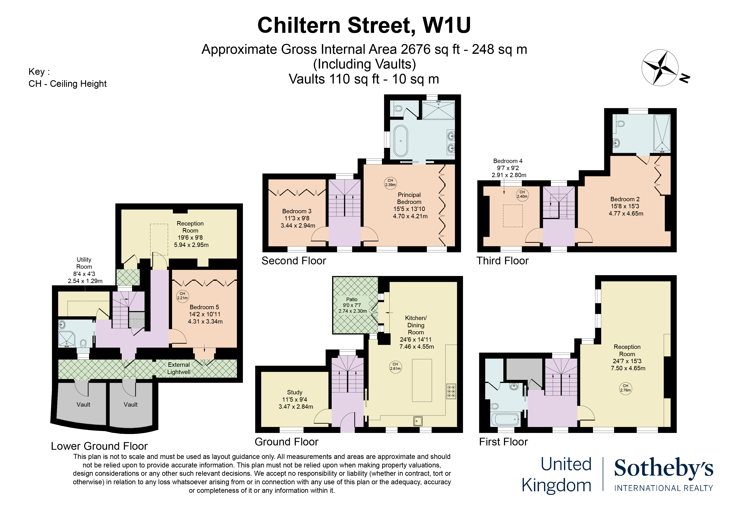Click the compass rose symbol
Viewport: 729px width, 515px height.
click(x=660, y=67)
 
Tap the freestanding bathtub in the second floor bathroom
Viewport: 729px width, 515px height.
click(x=401, y=141)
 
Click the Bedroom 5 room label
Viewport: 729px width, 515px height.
click(x=204, y=314)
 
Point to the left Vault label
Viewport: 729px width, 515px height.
click(x=83, y=405)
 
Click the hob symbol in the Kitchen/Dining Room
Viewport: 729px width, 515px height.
click(x=451, y=391)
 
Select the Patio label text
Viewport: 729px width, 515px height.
click(x=352, y=299)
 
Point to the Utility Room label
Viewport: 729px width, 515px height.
click(x=84, y=270)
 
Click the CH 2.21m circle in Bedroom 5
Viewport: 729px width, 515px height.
click(x=182, y=296)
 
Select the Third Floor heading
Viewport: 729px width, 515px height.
click(x=502, y=261)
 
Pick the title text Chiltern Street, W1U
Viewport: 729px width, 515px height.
click(x=364, y=25)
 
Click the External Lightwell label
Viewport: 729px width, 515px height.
click(x=179, y=368)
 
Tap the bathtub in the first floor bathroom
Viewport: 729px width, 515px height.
click(x=505, y=419)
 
